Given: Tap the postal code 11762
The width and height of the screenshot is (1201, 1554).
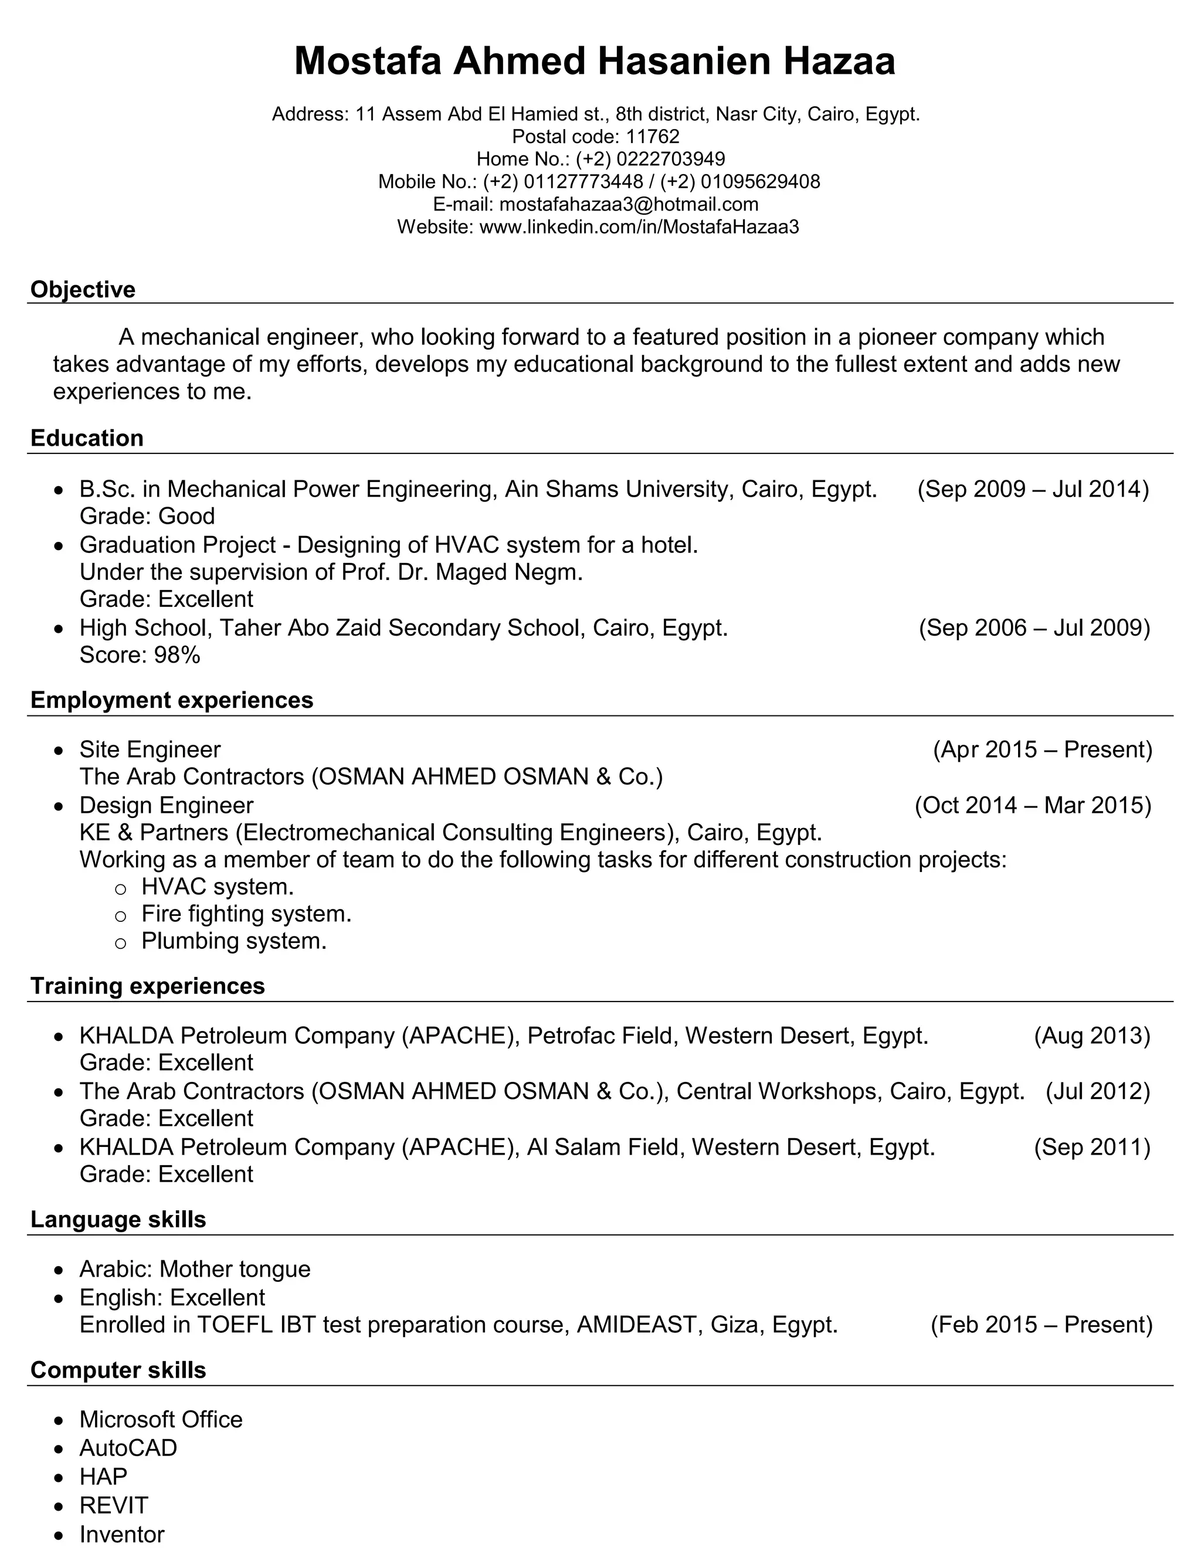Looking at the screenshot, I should [653, 137].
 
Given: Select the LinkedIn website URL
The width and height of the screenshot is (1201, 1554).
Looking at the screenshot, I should [639, 227].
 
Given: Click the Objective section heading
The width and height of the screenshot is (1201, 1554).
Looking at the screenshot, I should [83, 290].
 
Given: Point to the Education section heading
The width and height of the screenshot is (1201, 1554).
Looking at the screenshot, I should [87, 438].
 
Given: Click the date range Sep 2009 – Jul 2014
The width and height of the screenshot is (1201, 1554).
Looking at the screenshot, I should [1033, 489].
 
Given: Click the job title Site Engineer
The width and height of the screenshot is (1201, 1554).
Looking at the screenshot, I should [150, 749].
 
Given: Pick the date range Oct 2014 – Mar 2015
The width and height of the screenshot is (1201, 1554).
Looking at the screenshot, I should [1032, 805].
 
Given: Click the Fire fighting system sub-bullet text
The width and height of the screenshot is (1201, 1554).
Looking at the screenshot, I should [246, 914].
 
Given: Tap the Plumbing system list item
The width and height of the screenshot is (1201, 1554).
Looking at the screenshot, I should [233, 941].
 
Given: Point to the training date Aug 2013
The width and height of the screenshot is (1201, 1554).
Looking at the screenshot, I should [1091, 1035].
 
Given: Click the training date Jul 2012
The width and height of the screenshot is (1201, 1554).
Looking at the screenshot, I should [1097, 1091].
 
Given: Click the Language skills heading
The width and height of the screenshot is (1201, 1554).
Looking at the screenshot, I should [118, 1220].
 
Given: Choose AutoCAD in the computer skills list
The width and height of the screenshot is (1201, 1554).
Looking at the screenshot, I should [128, 1448].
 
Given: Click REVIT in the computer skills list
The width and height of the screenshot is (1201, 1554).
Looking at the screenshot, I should [114, 1505].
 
